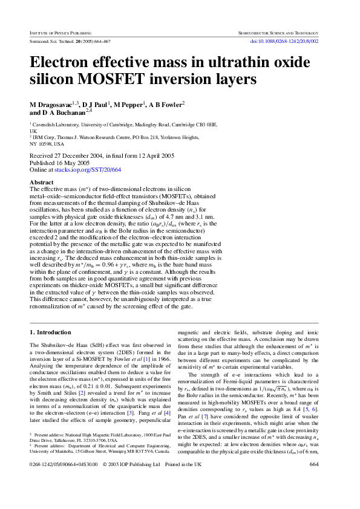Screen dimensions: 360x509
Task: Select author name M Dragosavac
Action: coord(51,105)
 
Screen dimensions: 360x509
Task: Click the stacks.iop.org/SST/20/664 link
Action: coord(88,170)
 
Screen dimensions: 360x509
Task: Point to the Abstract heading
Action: coord(42,182)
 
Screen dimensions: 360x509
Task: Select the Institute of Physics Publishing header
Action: coord(61,31)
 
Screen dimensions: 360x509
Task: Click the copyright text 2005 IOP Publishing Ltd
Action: coord(131,481)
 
